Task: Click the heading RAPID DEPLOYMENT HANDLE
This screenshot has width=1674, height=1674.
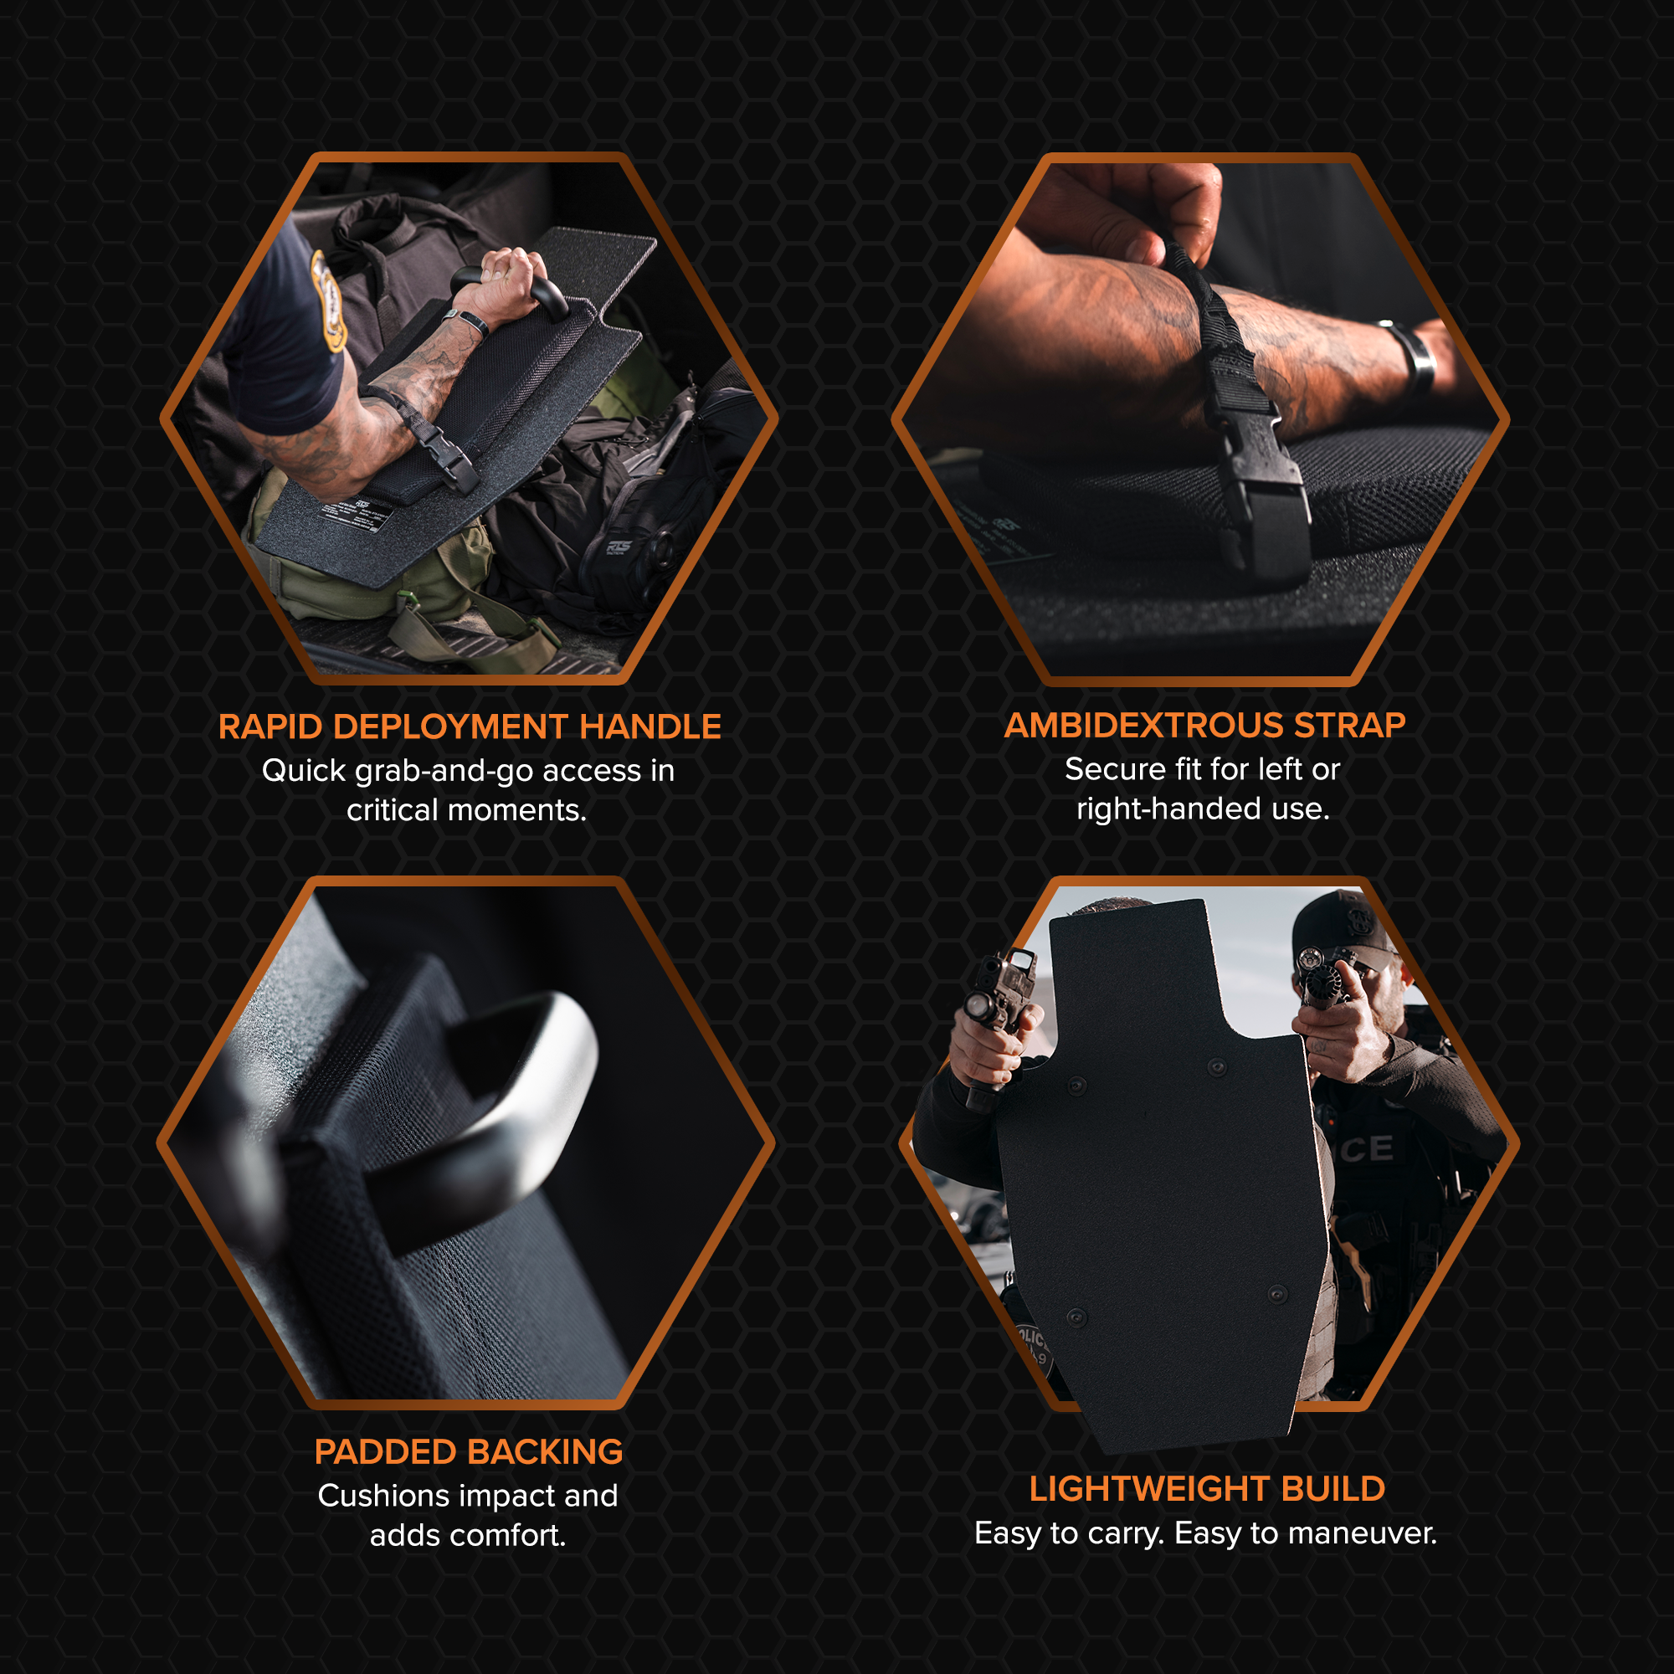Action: [x=469, y=727]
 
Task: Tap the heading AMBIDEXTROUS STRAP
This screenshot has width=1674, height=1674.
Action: [x=1204, y=725]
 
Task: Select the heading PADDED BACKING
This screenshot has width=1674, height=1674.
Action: [x=468, y=1452]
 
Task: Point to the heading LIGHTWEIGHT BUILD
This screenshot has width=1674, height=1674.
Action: [x=1207, y=1488]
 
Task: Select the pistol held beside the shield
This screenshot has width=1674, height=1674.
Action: [x=996, y=1023]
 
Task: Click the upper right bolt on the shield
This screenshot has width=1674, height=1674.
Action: [x=1216, y=1067]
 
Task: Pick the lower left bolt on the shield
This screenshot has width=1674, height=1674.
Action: [x=1076, y=1317]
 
